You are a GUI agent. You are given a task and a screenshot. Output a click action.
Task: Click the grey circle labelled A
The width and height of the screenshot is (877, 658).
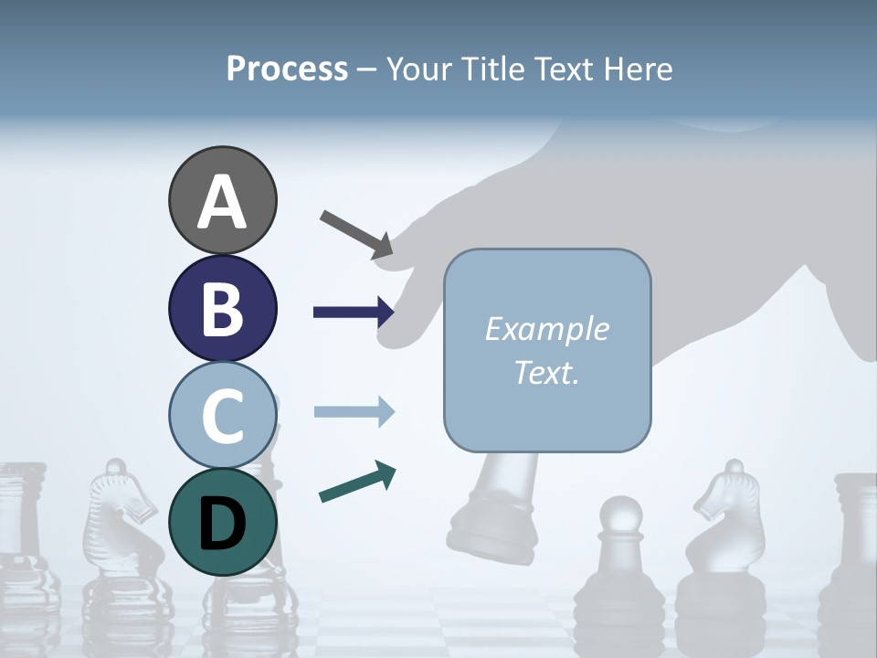click(x=222, y=200)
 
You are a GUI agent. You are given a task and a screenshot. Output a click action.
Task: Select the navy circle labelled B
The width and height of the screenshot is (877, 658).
click(x=222, y=308)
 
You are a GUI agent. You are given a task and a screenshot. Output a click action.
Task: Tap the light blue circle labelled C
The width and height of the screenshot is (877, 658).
click(x=222, y=415)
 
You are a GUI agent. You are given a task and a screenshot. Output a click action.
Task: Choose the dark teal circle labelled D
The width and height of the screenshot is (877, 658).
click(x=222, y=522)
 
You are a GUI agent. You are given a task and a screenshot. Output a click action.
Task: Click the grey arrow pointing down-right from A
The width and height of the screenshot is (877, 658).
click(x=356, y=234)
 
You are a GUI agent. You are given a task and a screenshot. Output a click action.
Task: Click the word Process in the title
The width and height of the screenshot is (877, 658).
click(x=287, y=69)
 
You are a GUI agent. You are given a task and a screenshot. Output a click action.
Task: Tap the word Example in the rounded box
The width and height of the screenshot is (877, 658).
click(x=546, y=329)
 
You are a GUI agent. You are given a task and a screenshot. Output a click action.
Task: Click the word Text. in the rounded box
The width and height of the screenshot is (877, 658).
click(x=546, y=372)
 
